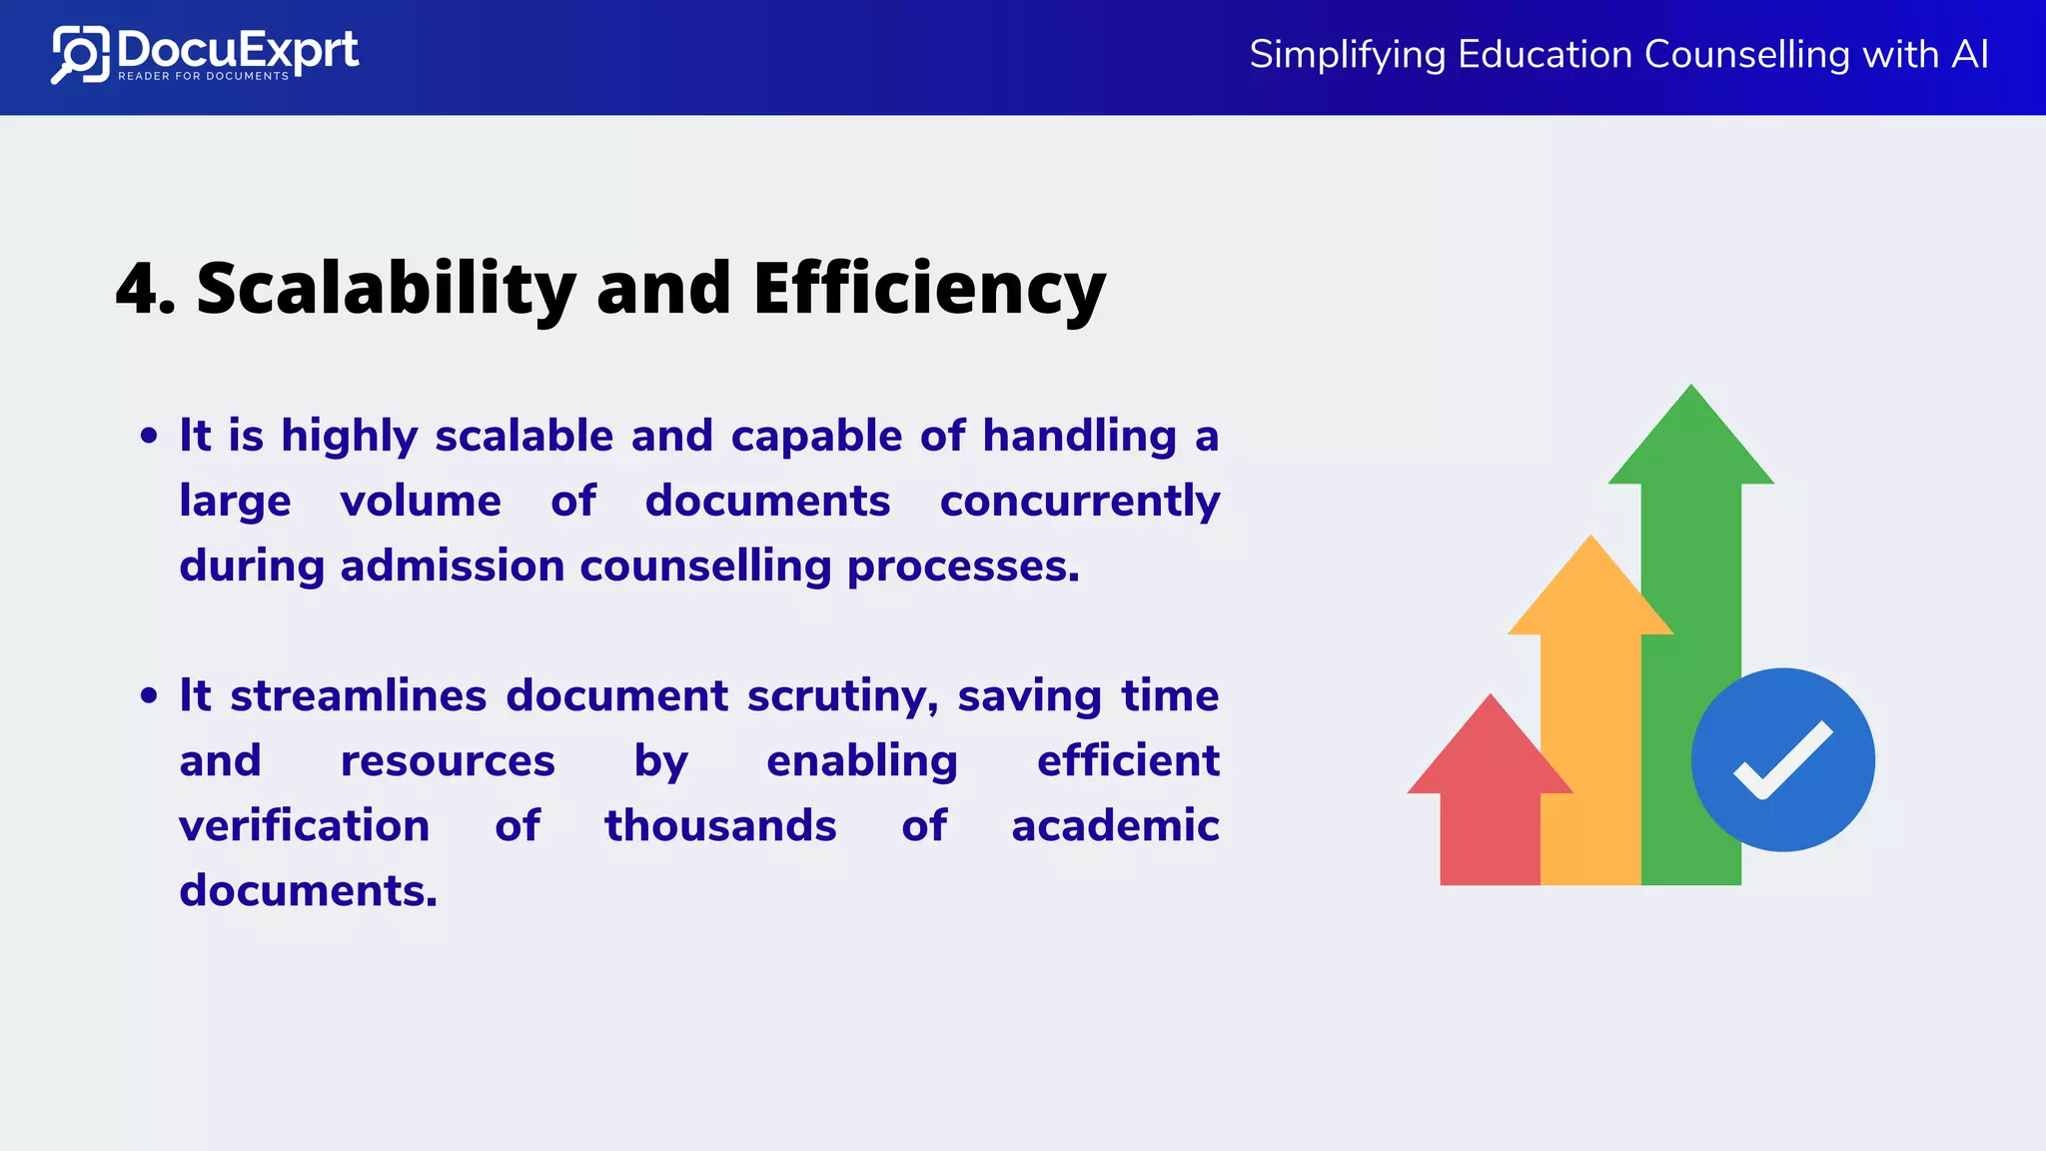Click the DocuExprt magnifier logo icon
79,55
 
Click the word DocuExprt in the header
238,48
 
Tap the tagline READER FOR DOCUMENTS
204,76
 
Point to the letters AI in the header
1969,54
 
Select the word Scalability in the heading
386,289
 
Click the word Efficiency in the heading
928,289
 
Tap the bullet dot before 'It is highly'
150,436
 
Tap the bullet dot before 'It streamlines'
150,695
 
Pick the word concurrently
1079,502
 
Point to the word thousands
720,826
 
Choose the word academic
1115,826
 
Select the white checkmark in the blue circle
1783,760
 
